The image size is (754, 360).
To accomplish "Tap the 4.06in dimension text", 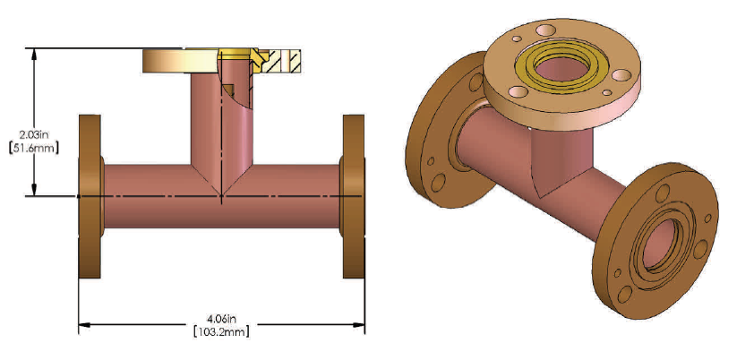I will coord(221,318).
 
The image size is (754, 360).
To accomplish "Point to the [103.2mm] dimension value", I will coord(221,331).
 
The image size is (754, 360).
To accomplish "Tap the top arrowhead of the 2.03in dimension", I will coord(36,53).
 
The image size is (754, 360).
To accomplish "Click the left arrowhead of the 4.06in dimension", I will coord(85,325).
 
